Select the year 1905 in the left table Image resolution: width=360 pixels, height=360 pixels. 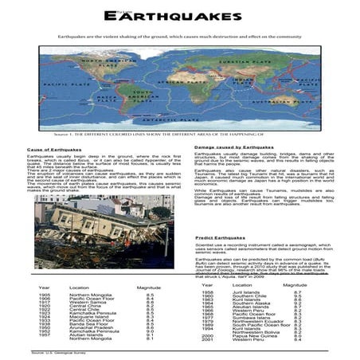click(45, 295)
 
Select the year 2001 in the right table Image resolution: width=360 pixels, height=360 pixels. click(208, 340)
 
